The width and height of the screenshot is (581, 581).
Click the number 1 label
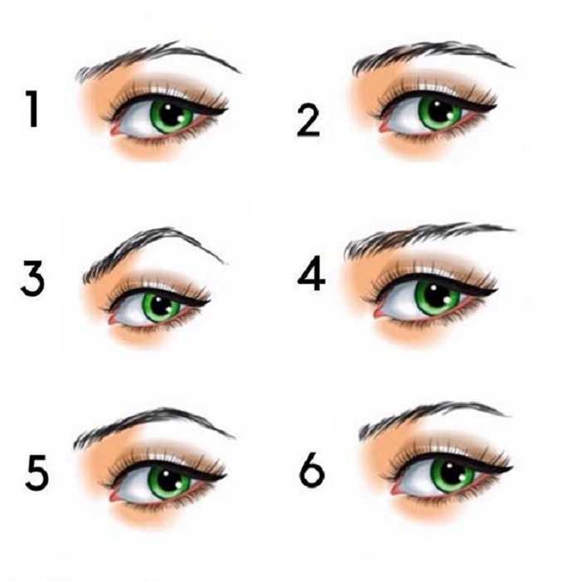tap(32, 109)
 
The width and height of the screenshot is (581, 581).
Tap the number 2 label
tap(308, 121)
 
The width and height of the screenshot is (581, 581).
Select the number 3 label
tap(33, 278)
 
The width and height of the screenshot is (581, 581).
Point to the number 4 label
tap(311, 273)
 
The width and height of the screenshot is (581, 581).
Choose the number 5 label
tap(37, 472)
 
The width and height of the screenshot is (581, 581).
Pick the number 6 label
tap(312, 470)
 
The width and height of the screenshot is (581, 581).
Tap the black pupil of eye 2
tap(441, 110)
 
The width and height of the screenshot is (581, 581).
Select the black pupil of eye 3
tap(161, 305)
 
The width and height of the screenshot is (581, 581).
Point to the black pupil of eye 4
tap(437, 295)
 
